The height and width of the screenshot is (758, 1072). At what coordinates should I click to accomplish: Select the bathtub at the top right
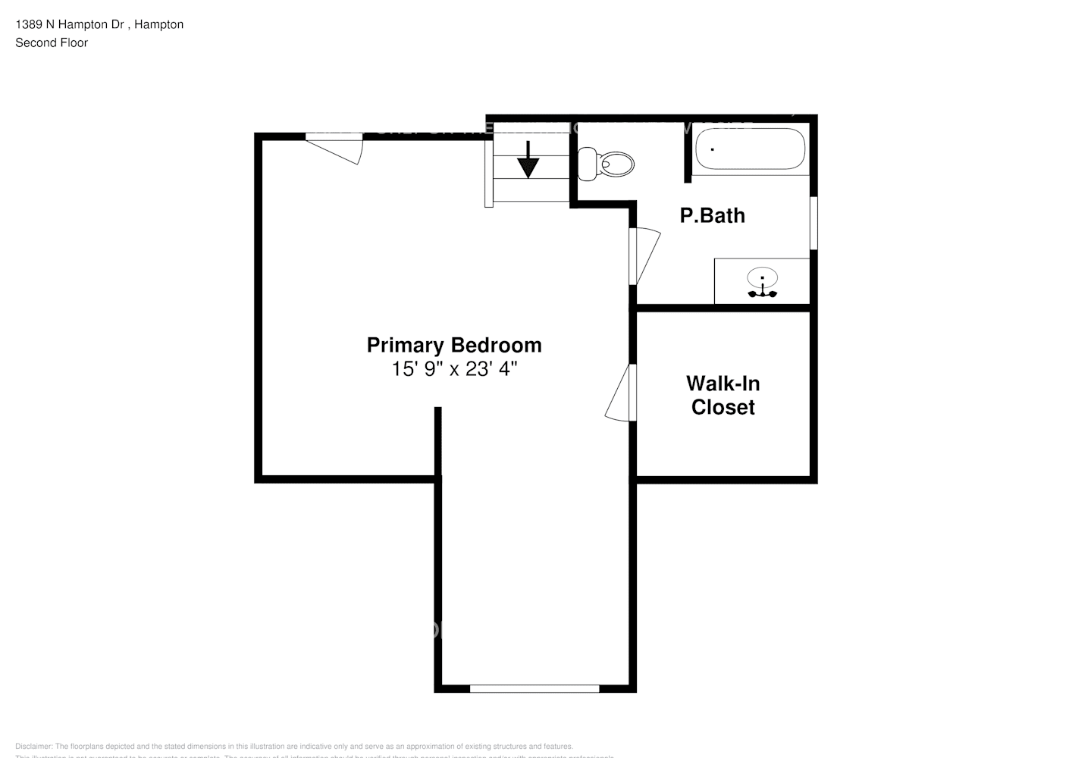coord(750,149)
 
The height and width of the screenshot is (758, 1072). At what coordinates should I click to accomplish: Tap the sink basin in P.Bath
coord(762,277)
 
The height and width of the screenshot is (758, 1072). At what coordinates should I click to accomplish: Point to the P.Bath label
coord(712,216)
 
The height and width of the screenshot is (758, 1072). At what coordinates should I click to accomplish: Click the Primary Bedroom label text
coord(454,345)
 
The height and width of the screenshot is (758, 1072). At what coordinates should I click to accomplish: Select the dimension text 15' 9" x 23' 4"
coord(454,369)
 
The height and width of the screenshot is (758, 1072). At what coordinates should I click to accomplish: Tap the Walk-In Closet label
coord(723,395)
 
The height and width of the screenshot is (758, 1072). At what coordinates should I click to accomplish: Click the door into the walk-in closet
coord(621,393)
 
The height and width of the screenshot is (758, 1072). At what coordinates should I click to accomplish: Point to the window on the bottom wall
coord(534,688)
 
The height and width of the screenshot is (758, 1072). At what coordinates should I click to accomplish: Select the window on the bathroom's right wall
coord(813,223)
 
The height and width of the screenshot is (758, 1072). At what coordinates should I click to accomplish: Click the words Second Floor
coord(52,42)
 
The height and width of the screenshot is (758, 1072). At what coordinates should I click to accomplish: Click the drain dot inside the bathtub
coord(712,149)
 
